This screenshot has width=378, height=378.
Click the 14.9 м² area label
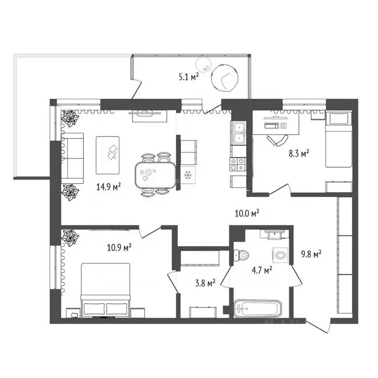click(x=108, y=187)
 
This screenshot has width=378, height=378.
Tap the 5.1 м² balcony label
click(x=189, y=77)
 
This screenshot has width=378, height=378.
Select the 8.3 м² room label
click(x=299, y=154)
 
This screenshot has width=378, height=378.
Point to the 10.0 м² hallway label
click(x=247, y=213)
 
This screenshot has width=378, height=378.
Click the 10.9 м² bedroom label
click(x=119, y=248)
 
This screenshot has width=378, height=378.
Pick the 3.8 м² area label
click(x=205, y=283)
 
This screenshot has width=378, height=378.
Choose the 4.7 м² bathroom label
click(x=262, y=271)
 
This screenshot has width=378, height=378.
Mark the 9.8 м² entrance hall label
click(x=311, y=254)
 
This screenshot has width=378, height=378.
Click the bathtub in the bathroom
click(x=258, y=308)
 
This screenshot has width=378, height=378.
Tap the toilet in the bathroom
click(x=241, y=255)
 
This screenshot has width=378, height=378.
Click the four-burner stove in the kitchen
click(x=238, y=164)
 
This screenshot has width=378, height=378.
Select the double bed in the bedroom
click(x=106, y=290)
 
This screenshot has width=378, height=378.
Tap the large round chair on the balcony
click(x=224, y=78)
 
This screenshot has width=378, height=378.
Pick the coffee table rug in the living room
click(x=107, y=155)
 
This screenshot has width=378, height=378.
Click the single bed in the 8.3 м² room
click(x=339, y=139)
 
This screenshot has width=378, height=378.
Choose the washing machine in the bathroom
click(x=281, y=255)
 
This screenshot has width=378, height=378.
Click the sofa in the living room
click(x=72, y=158)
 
